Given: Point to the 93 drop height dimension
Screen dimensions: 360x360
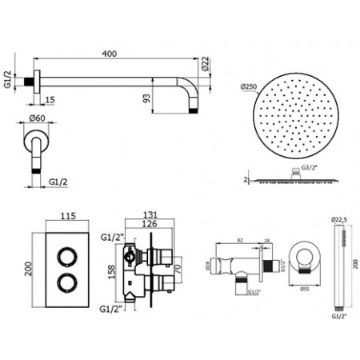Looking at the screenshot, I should (x=146, y=98).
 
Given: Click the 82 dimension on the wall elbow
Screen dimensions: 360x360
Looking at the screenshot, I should (x=239, y=239).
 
